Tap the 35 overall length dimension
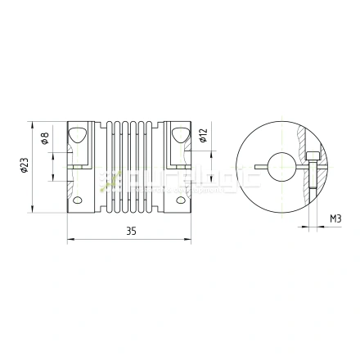click(131, 232)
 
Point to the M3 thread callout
click(335, 219)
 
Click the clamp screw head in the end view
click(314, 157)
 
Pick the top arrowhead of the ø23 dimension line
click(34, 124)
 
